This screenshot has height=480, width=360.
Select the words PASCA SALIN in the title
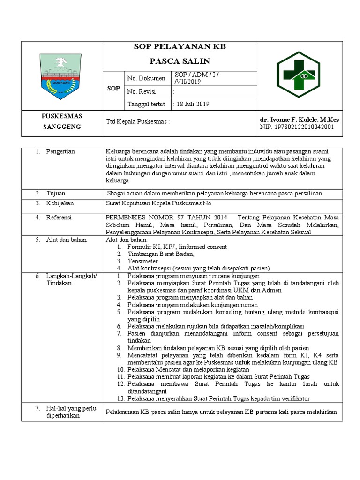pos(180,61)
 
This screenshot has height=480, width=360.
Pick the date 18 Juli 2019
pos(193,105)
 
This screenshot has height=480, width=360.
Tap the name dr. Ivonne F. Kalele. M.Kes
pos(299,120)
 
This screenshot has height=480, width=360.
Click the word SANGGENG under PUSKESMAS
pos(62,127)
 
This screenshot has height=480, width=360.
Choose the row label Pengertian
pos(60,151)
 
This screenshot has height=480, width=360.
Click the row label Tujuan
pos(56,193)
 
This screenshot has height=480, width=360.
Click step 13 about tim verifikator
pos(218,399)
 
